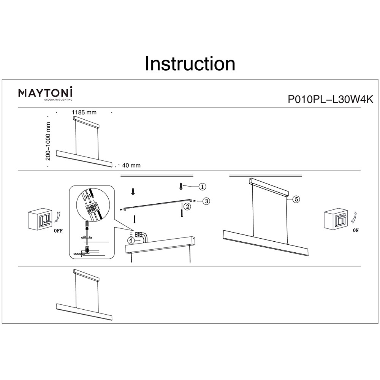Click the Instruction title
[x=190, y=64]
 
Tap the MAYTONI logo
[x=46, y=92]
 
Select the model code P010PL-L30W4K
[x=330, y=99]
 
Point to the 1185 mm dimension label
[x=84, y=112]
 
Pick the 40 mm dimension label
[x=131, y=165]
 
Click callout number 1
[x=203, y=187]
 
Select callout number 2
[x=187, y=207]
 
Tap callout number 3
[x=206, y=201]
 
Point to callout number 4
[x=131, y=241]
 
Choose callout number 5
[x=297, y=199]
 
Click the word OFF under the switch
[x=58, y=231]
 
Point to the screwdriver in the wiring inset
[x=87, y=227]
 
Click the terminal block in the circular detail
[x=91, y=207]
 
